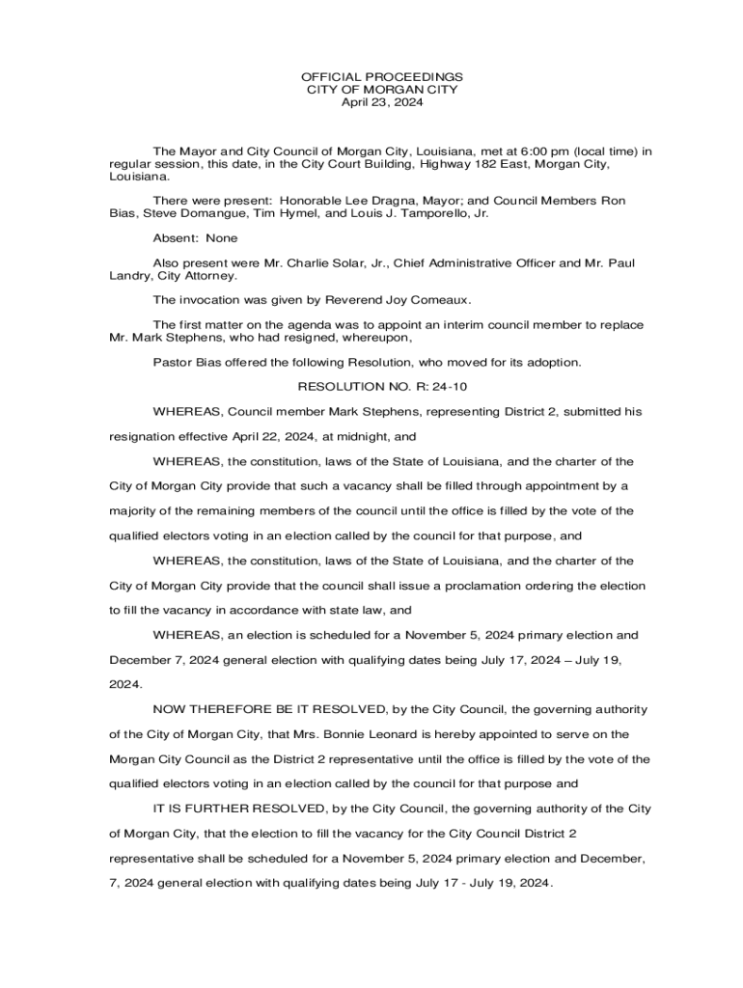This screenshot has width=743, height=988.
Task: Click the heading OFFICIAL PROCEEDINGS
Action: point(381,76)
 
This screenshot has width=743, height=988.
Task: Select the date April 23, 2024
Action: point(381,102)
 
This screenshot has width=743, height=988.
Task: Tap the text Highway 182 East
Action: point(477,165)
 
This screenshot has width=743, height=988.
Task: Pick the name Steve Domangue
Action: point(192,214)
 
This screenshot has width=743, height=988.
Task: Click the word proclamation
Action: point(507,586)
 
